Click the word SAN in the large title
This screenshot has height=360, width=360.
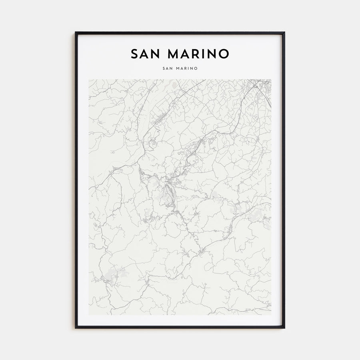[146, 54]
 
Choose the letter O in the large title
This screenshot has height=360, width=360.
[224, 54]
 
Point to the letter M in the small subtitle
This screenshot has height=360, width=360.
[178, 68]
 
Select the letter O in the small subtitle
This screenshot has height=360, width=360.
[196, 68]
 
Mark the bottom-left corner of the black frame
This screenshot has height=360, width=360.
[76, 328]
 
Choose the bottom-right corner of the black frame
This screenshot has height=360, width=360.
[284, 328]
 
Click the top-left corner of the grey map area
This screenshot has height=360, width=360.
[89, 80]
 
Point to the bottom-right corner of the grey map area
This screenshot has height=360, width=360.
[271, 314]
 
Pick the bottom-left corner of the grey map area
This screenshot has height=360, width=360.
[89, 314]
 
